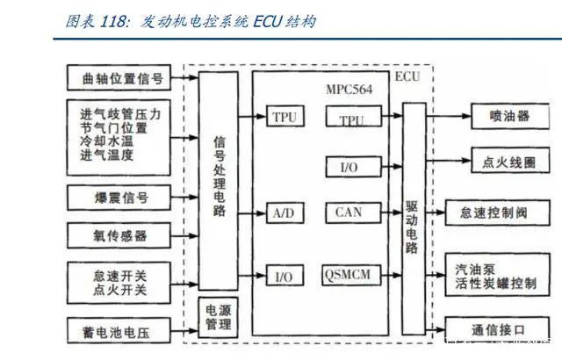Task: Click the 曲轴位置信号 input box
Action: (119, 77)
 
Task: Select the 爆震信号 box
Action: (119, 198)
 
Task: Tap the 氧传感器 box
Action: (119, 235)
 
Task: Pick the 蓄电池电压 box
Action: (119, 331)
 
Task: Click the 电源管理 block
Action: (218, 317)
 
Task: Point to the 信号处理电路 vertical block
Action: (218, 181)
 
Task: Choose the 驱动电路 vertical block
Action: (414, 219)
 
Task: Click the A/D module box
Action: (285, 213)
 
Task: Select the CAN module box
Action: (353, 212)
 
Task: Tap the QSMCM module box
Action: (351, 275)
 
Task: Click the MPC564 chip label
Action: (349, 90)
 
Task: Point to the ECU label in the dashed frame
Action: (407, 76)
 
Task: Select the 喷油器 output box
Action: (510, 116)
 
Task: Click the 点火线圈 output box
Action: (510, 161)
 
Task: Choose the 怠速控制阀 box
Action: (497, 212)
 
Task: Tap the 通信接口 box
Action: (497, 329)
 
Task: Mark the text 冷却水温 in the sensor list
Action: (107, 141)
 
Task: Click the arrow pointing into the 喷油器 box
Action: (449, 116)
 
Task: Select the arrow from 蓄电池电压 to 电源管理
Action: (184, 331)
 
